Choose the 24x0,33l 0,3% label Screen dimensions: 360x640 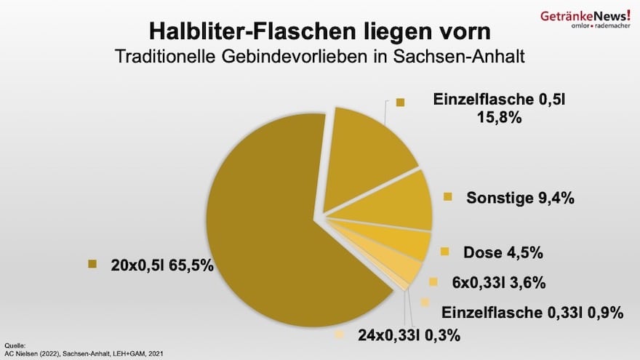pos(409,335)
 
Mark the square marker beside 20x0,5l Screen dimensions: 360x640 pos(92,265)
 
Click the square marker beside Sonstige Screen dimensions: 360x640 pos(448,196)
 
